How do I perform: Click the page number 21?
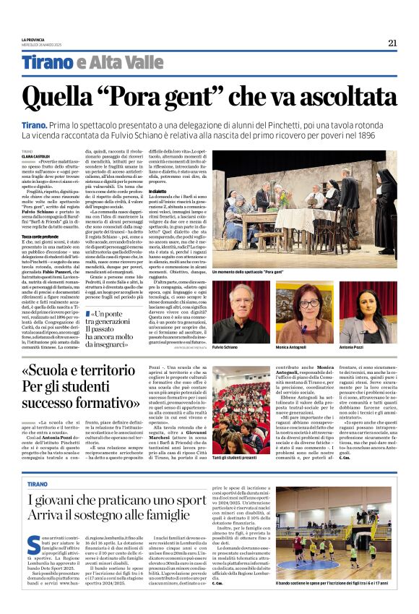(392, 43)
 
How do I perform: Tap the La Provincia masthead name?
(33, 38)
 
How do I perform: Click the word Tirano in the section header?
(47, 63)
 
